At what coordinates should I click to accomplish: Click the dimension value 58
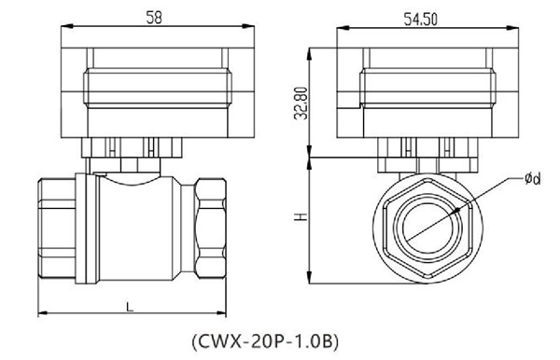151,16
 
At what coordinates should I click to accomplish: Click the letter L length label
129,304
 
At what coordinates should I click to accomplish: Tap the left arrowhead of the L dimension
41,312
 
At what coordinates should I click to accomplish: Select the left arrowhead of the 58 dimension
63,28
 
